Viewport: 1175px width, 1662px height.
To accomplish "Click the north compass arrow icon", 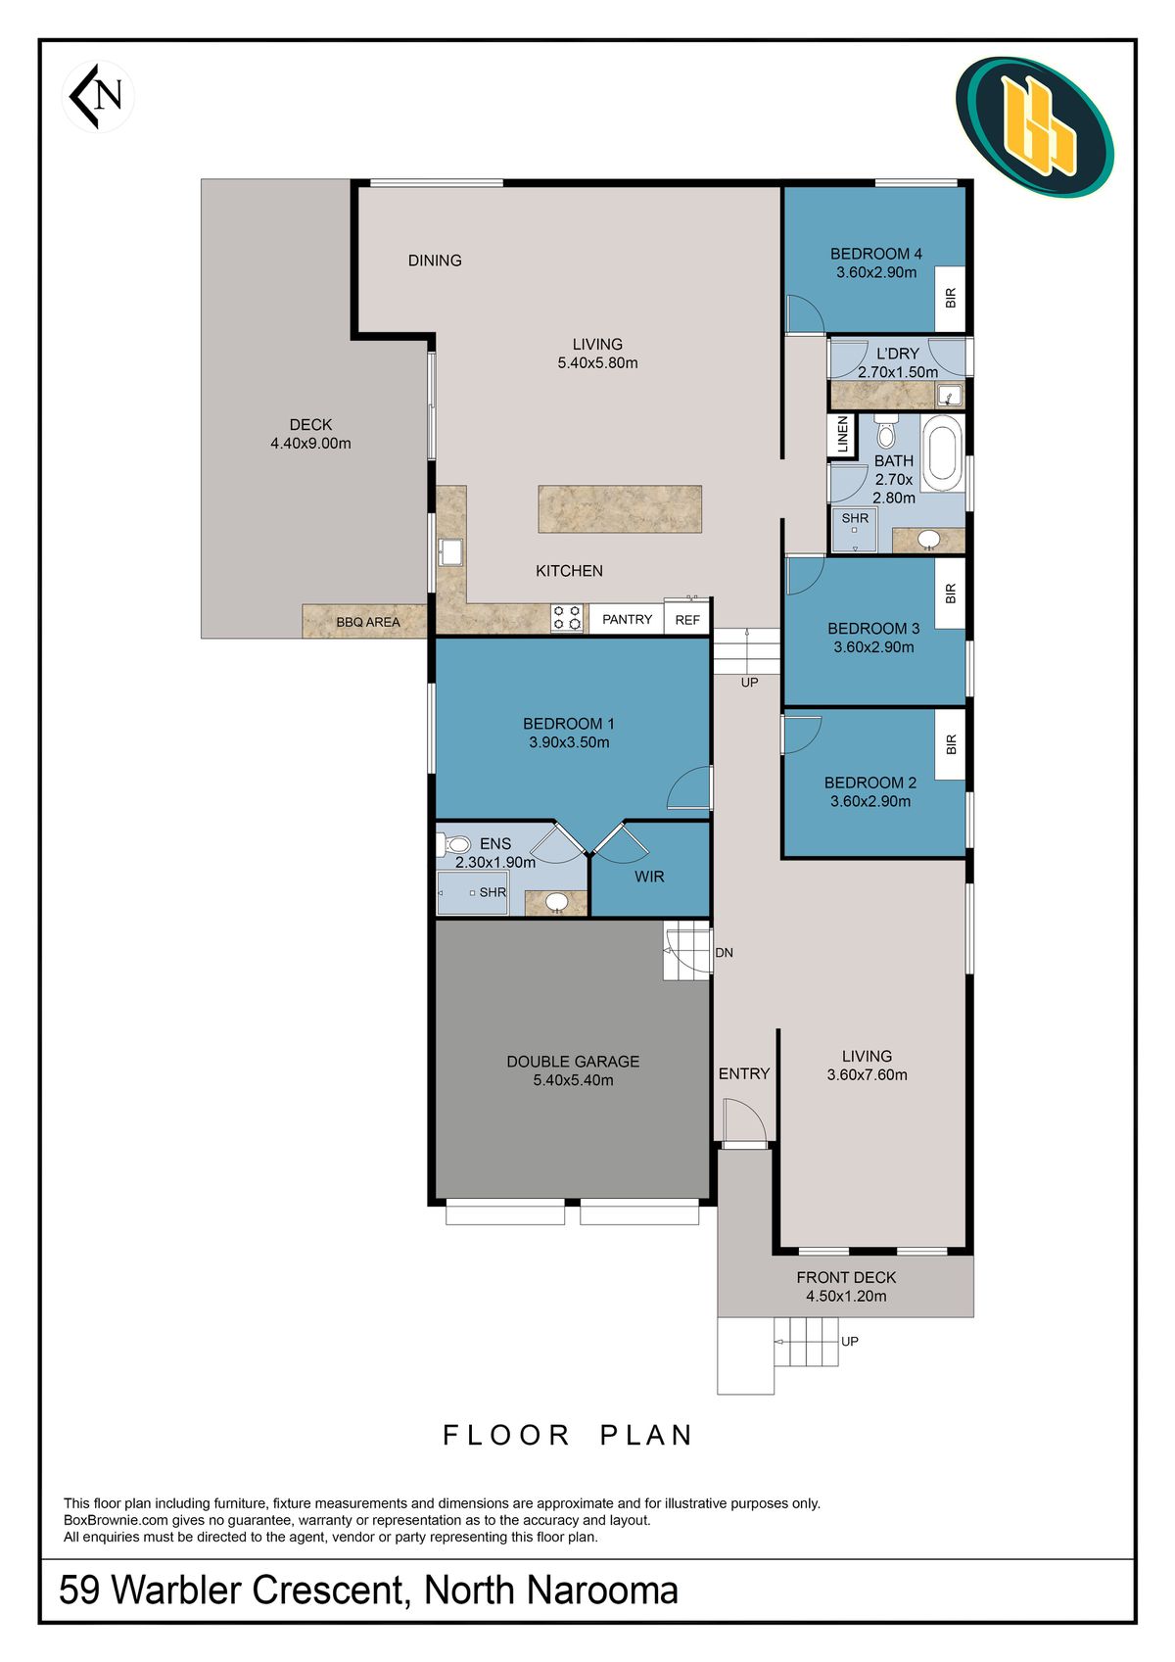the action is point(97,96).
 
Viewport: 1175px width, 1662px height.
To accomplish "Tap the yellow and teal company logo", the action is point(1034,127).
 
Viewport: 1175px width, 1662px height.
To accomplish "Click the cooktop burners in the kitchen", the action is point(567,618).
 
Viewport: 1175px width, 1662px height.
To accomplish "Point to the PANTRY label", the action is point(627,620).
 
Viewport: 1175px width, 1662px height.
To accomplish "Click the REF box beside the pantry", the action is point(687,617).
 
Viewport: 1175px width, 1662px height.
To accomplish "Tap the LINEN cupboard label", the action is point(842,435).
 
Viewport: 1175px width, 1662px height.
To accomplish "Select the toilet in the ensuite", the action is point(454,844).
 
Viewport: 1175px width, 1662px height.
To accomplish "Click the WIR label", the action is point(649,877).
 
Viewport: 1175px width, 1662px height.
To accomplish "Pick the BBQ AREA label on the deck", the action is point(368,622).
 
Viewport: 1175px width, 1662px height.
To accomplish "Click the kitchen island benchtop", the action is point(620,509).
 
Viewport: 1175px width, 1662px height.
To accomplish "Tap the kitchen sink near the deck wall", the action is point(450,552).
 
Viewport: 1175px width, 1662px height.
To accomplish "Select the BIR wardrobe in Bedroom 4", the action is point(950,299).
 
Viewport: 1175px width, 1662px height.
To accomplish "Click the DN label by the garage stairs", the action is point(724,953).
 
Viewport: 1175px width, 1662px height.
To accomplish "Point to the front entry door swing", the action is point(744,1122).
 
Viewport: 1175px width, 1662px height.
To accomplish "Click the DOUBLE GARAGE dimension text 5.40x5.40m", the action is point(573,1080).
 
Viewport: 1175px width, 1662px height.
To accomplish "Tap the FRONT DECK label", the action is point(846,1278).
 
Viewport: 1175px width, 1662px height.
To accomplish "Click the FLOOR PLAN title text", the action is point(568,1435).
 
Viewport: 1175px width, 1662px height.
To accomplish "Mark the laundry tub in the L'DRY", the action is point(949,395).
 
